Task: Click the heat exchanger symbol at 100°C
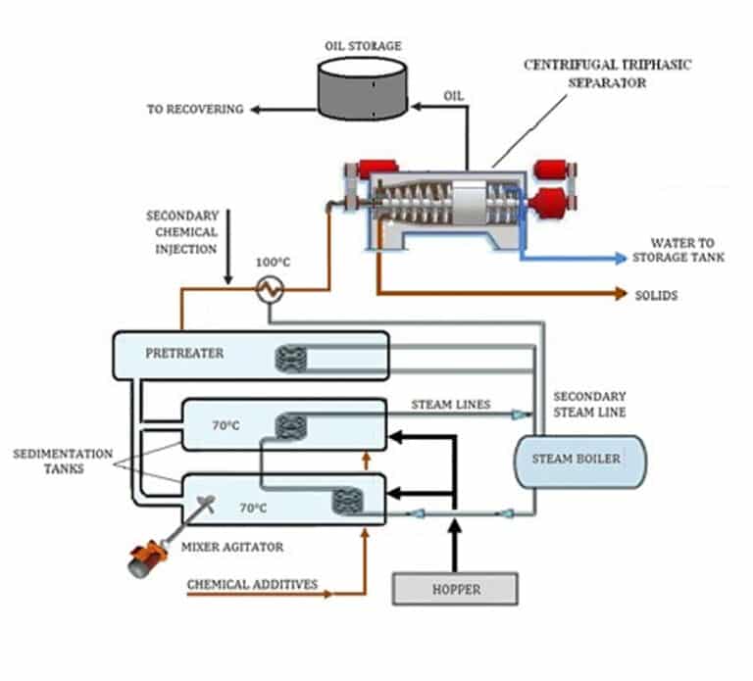267,289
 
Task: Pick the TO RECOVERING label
195,110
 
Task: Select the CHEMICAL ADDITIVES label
252,584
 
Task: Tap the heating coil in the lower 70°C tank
347,502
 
